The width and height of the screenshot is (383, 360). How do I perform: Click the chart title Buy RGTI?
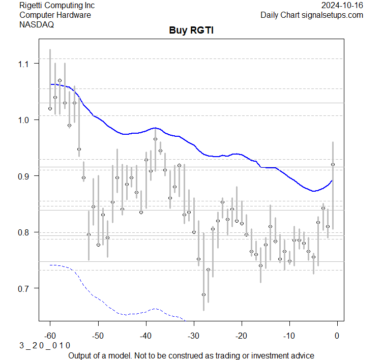coord(191,31)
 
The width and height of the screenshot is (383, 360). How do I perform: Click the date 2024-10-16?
coord(343,5)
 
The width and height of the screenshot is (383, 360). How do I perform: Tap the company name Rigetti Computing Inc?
coord(56,5)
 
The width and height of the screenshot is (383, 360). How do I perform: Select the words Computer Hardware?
coord(55,15)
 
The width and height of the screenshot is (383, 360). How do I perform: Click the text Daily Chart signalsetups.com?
coord(312,15)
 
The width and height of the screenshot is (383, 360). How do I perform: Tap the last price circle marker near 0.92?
coord(333,164)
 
